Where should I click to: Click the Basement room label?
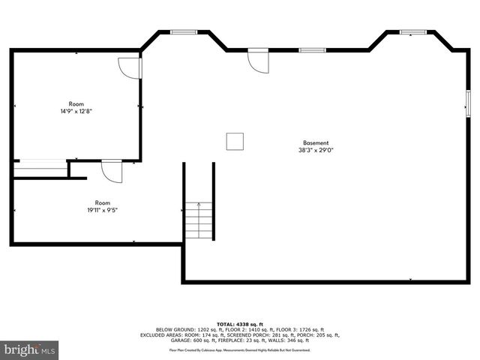click(x=316, y=142)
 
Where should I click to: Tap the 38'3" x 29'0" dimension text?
click(x=316, y=150)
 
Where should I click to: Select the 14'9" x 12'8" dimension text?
click(x=76, y=111)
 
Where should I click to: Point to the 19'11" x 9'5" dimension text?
click(x=102, y=210)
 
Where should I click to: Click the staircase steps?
click(x=199, y=220)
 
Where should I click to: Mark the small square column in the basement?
click(x=235, y=141)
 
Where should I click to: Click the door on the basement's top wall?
click(x=258, y=60)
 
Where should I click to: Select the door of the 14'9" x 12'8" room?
click(x=130, y=67)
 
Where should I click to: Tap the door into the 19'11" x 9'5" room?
click(x=112, y=172)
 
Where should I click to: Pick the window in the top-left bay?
click(x=183, y=31)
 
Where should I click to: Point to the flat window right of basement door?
click(x=312, y=50)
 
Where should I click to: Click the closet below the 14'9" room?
click(x=40, y=169)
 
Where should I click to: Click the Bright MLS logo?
click(x=30, y=349)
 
